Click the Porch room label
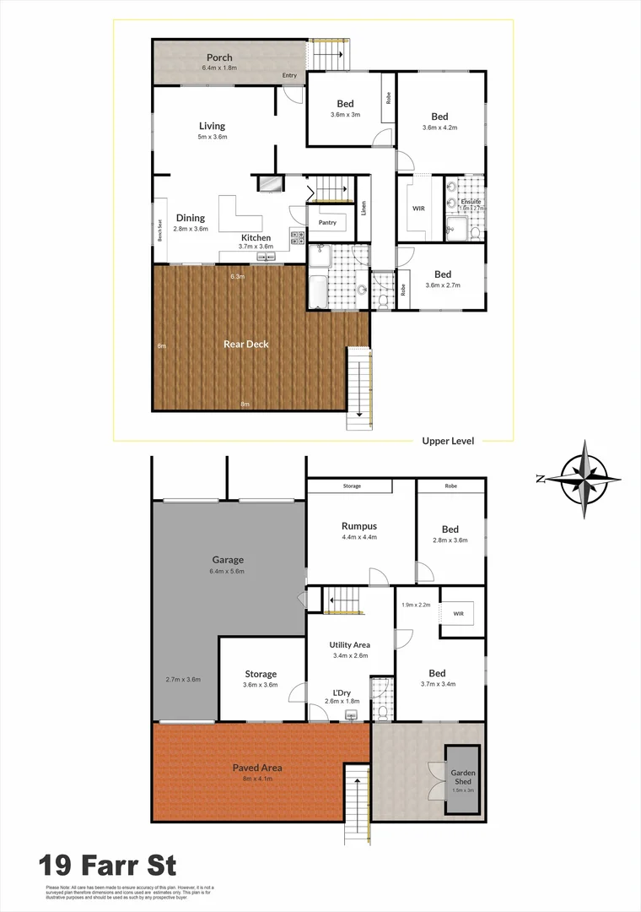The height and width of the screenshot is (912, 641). (x=218, y=57)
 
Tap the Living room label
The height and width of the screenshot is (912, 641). (x=212, y=127)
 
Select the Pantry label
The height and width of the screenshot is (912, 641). (x=327, y=223)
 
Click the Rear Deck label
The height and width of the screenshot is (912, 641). (x=246, y=345)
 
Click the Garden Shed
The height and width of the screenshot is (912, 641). (x=463, y=778)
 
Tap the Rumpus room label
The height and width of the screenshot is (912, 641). (x=358, y=526)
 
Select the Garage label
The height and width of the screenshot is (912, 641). (x=228, y=560)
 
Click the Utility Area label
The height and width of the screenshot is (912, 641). (x=349, y=645)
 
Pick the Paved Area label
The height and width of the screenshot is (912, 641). (x=257, y=768)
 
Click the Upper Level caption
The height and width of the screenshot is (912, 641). (x=448, y=441)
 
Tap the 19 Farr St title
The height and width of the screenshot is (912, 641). (x=107, y=866)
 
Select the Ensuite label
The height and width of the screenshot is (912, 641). (x=471, y=202)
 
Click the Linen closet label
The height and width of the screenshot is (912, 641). (x=364, y=206)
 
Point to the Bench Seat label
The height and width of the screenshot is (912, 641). (x=160, y=231)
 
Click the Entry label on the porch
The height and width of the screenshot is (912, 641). (x=289, y=76)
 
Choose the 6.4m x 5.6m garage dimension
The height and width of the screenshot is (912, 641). (x=228, y=572)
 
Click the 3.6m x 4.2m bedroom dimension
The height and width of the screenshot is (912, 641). (x=439, y=128)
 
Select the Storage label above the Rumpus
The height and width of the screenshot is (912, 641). (x=352, y=486)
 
